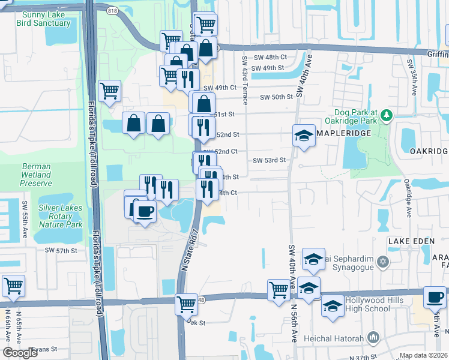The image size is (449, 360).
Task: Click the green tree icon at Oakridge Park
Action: coord(387,115)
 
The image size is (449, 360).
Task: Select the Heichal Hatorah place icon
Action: coord(375,338)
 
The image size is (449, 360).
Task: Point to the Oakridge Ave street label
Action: coord(408,197)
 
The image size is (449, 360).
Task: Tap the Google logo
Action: coord(20,353)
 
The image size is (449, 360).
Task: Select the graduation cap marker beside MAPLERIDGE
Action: coord(304,136)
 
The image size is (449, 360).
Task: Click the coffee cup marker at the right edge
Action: coord(435,297)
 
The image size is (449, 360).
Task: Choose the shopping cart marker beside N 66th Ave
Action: coord(13,287)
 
